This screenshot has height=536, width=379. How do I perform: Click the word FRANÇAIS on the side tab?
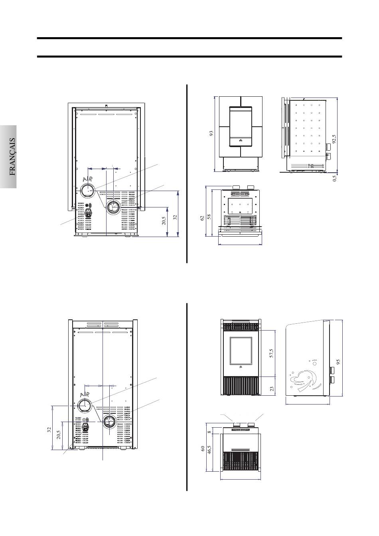click(12, 157)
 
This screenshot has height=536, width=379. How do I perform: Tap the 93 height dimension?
click(211, 134)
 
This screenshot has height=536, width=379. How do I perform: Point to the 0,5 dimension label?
click(334, 179)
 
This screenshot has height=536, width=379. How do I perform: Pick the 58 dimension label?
click(209, 217)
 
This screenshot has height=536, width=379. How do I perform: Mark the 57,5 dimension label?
click(271, 353)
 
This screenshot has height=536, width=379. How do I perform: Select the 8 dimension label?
click(209, 432)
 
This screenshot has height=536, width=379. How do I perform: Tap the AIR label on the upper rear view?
click(87, 179)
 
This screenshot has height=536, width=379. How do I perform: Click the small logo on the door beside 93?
click(241, 141)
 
